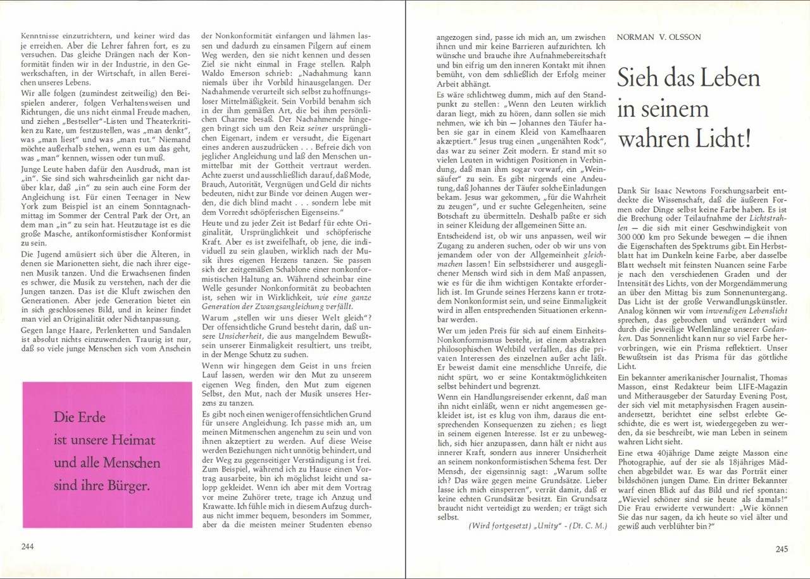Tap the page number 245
(782, 549)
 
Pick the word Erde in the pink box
(89, 417)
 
